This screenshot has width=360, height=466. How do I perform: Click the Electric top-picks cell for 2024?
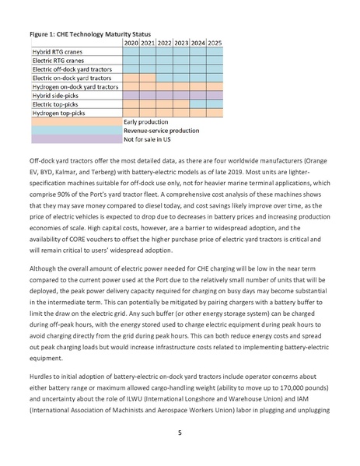tap(198, 103)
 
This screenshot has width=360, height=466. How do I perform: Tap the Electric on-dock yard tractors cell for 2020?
tap(131, 77)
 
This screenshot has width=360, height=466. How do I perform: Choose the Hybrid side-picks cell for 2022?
tap(164, 94)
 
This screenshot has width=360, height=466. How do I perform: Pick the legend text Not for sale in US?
tap(151, 139)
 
